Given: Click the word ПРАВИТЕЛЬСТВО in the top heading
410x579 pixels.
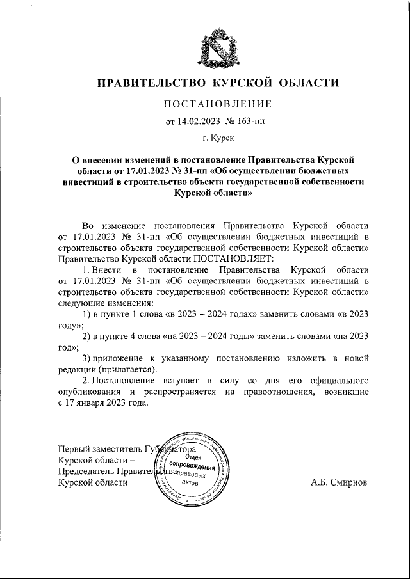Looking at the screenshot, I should pos(151,83).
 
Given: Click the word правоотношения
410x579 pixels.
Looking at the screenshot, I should pos(276,392).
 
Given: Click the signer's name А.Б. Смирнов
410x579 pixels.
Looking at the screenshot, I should pos(339,483).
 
